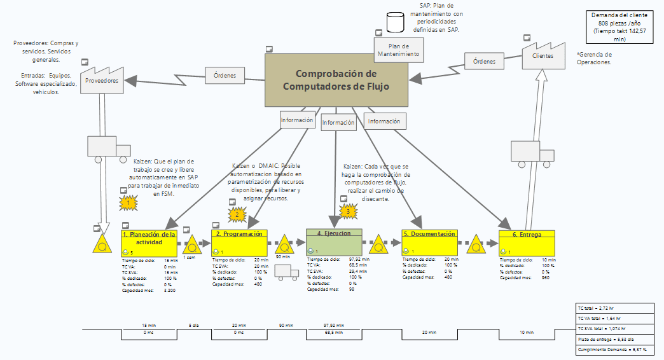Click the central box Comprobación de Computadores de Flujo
[x=336, y=80]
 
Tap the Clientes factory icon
[x=543, y=53]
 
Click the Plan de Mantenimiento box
[x=398, y=50]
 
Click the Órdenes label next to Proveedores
[x=225, y=76]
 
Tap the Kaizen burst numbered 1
[x=128, y=202]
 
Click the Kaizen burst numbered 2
[x=237, y=214]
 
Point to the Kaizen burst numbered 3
[x=347, y=211]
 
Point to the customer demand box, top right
[x=619, y=26]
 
